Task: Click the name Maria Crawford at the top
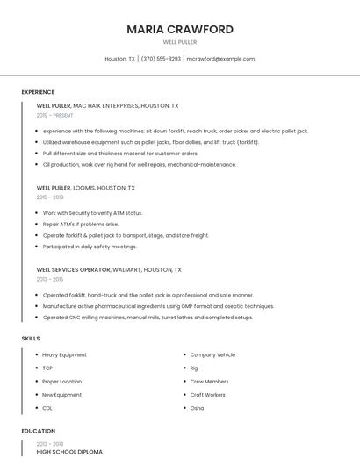(180, 29)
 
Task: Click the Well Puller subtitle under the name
(180, 42)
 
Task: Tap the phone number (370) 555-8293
(161, 59)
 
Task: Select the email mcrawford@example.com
(220, 59)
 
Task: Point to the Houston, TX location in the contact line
(119, 59)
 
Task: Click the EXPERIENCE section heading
(38, 92)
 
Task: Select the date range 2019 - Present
(54, 115)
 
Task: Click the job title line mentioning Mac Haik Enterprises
(107, 105)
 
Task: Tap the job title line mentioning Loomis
(86, 187)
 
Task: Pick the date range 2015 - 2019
(50, 197)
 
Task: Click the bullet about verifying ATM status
(92, 213)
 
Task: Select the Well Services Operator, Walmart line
(109, 269)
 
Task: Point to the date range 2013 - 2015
(50, 279)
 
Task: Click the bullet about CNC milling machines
(148, 318)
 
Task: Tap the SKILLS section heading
(31, 338)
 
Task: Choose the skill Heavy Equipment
(64, 354)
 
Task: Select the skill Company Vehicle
(212, 354)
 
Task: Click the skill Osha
(197, 408)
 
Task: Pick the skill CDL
(47, 408)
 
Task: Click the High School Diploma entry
(69, 452)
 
